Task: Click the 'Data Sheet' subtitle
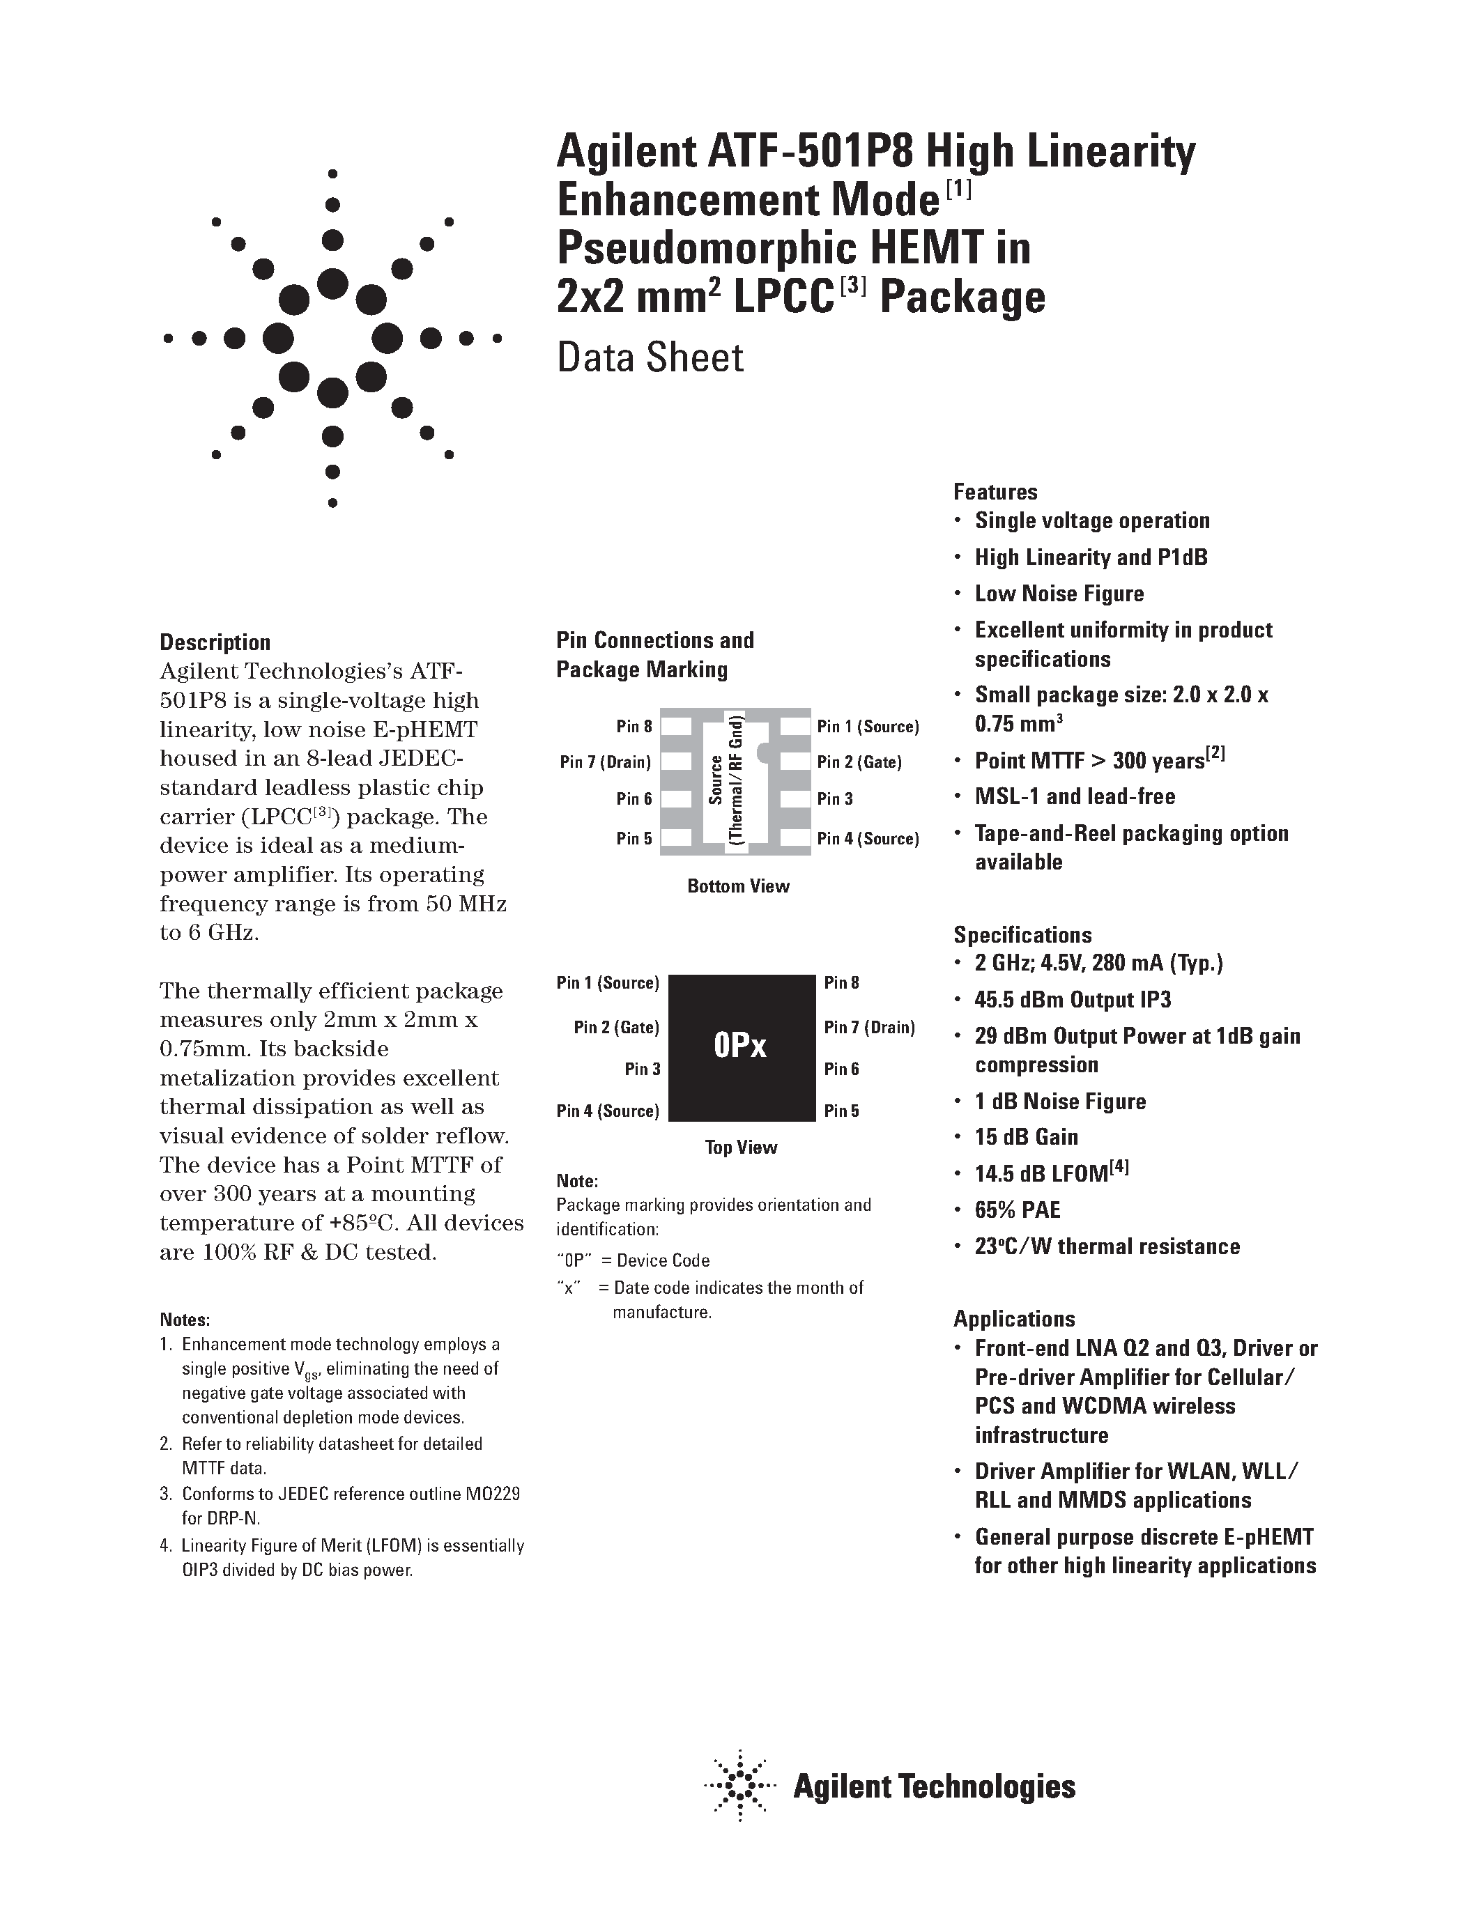pyautogui.click(x=650, y=358)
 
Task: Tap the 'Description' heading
pyautogui.click(x=215, y=642)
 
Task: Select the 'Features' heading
pyautogui.click(x=995, y=492)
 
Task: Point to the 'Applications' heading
pyautogui.click(x=1013, y=1319)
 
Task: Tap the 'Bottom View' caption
pyautogui.click(x=738, y=886)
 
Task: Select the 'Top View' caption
pyautogui.click(x=740, y=1148)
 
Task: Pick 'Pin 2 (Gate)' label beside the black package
pyautogui.click(x=616, y=1027)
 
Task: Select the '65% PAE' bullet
pyautogui.click(x=1017, y=1211)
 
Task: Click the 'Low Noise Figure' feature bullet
pyautogui.click(x=1059, y=594)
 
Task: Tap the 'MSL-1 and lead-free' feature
pyautogui.click(x=1075, y=796)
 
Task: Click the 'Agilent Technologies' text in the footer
pyautogui.click(x=933, y=1787)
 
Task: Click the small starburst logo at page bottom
pyautogui.click(x=739, y=1787)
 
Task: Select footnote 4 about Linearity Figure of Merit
pyautogui.click(x=342, y=1557)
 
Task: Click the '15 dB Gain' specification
pyautogui.click(x=1026, y=1138)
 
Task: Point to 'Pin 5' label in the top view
pyautogui.click(x=841, y=1111)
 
